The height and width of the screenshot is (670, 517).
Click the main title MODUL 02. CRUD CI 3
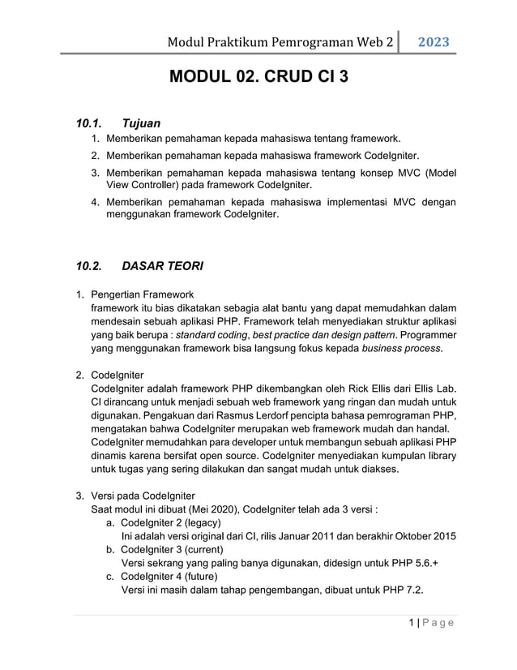pos(259,79)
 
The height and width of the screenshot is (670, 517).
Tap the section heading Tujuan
pos(141,124)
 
